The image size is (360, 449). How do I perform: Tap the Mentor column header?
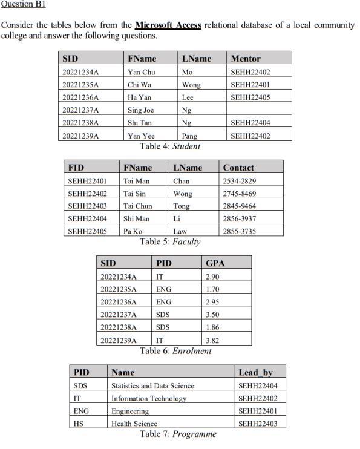[x=246, y=59]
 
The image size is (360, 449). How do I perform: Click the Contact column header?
[x=238, y=168]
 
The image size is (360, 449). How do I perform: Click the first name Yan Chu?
[x=142, y=72]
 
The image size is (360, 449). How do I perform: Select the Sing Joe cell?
[x=141, y=110]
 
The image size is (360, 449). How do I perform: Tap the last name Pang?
[x=189, y=136]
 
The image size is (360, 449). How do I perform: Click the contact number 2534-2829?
[x=239, y=181]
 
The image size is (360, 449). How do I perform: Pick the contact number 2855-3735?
[x=239, y=232]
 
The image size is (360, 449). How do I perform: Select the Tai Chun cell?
[x=137, y=206]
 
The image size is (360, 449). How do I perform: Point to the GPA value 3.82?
[x=213, y=341]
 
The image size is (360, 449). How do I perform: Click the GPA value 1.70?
[x=213, y=289]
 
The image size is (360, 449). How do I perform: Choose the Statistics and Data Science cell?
[x=152, y=385]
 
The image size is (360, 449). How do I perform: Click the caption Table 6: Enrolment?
[x=175, y=351]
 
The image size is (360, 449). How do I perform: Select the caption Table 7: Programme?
[x=178, y=434]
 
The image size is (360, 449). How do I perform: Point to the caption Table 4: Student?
[x=169, y=146]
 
